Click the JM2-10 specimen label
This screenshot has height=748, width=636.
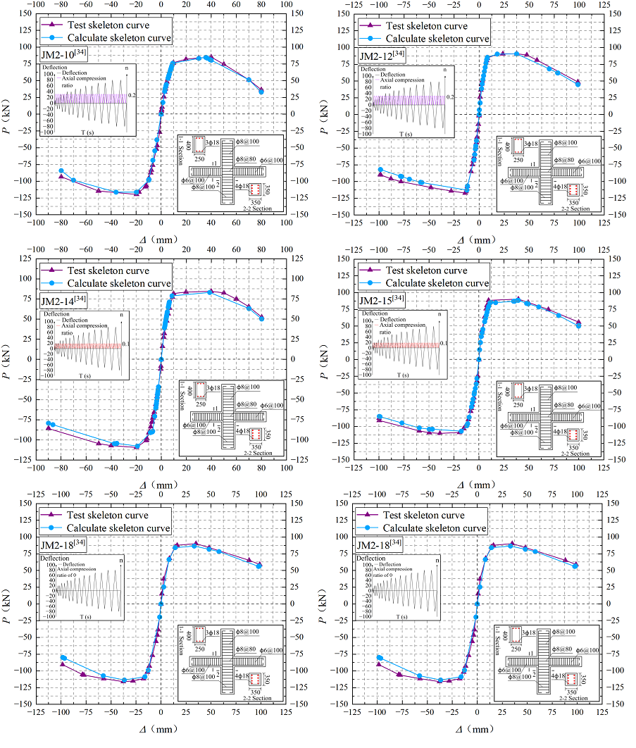click(65, 54)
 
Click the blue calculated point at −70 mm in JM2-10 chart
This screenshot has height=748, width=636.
click(73, 180)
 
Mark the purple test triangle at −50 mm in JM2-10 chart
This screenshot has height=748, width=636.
click(99, 190)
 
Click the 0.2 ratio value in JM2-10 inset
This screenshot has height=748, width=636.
click(131, 95)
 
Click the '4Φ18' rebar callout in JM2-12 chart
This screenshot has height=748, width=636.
click(560, 187)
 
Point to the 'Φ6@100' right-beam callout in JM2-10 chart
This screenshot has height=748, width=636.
click(272, 161)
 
